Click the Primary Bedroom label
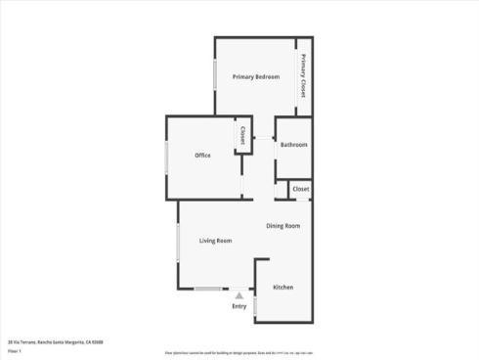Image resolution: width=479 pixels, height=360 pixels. point(256,76)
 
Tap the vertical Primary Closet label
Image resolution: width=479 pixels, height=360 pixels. point(303,74)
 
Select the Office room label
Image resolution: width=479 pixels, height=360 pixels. point(202,156)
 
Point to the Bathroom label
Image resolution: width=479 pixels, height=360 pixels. point(293,145)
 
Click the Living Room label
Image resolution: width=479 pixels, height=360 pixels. point(215,241)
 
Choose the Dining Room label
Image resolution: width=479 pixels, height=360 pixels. point(283,226)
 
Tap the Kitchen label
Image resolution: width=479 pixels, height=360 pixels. point(283,288)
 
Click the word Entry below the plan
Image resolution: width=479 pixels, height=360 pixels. point(239,307)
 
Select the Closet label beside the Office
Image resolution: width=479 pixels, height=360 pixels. point(239,138)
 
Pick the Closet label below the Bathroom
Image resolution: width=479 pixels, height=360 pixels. point(300,189)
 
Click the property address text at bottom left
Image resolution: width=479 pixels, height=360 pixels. point(55,341)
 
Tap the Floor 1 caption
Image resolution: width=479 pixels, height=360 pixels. point(15,349)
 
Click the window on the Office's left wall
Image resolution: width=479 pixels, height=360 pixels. point(166,158)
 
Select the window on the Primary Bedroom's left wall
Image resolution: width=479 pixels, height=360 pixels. point(215,76)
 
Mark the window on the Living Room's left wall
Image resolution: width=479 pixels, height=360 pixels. point(178,241)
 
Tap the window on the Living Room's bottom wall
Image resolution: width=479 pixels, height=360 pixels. point(207,289)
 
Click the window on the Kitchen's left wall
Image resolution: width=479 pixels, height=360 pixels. point(255,305)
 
